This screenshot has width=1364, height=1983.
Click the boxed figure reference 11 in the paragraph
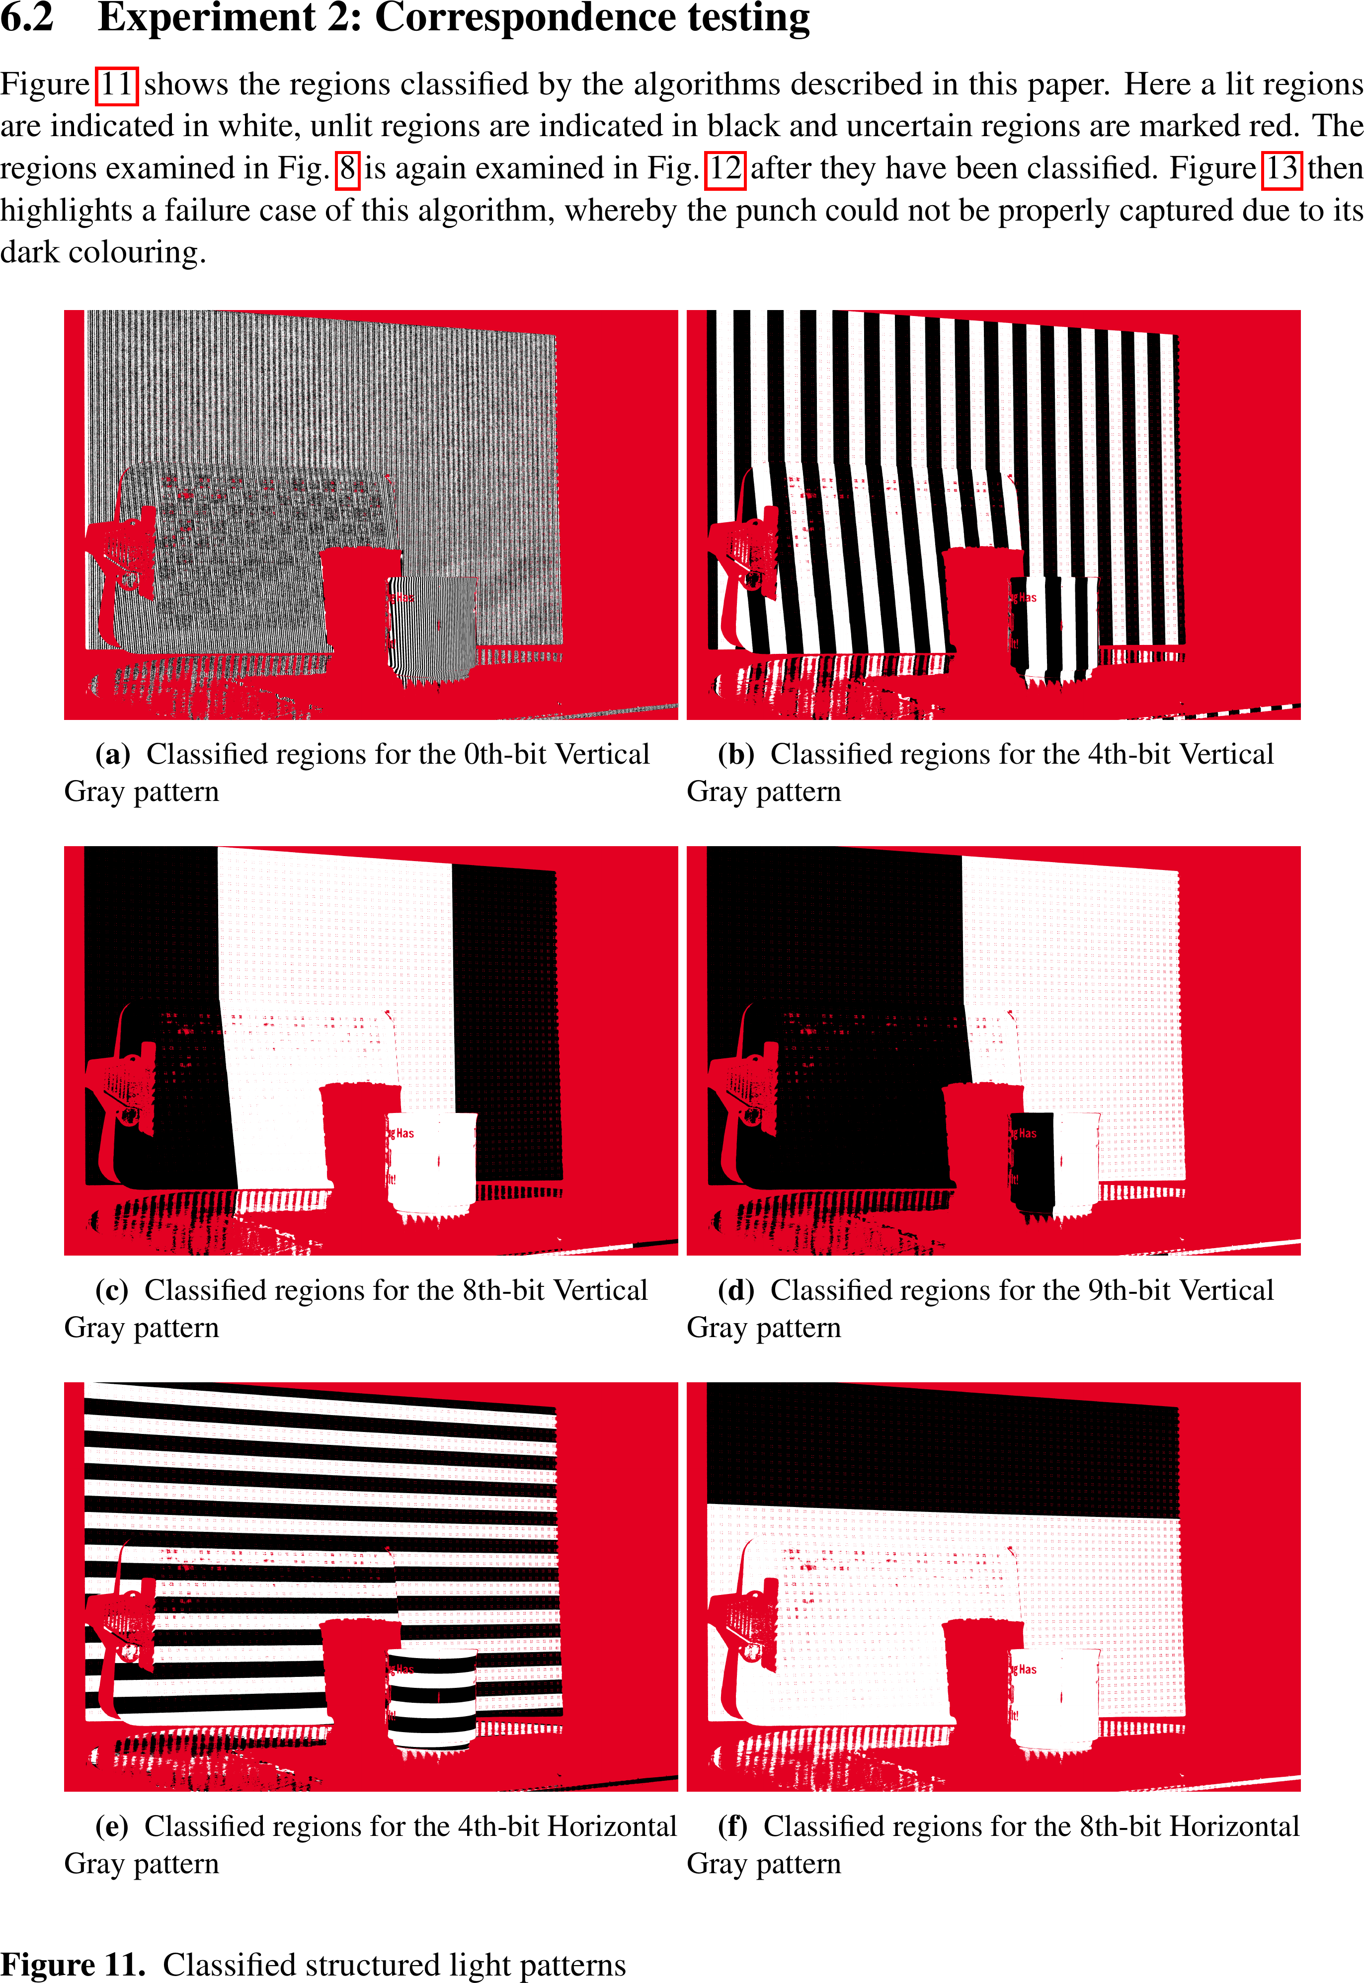pos(116,84)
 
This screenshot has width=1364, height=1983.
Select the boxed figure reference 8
pos(347,168)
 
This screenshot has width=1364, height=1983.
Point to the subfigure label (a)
pos(112,754)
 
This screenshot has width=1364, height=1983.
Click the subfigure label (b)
pos(736,754)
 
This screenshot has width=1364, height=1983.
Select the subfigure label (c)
pos(111,1290)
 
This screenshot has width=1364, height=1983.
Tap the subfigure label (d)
pos(736,1290)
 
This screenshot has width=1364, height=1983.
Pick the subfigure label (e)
pos(111,1826)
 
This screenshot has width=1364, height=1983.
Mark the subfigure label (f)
pos(732,1826)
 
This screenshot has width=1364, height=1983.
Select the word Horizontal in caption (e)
pos(612,1826)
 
